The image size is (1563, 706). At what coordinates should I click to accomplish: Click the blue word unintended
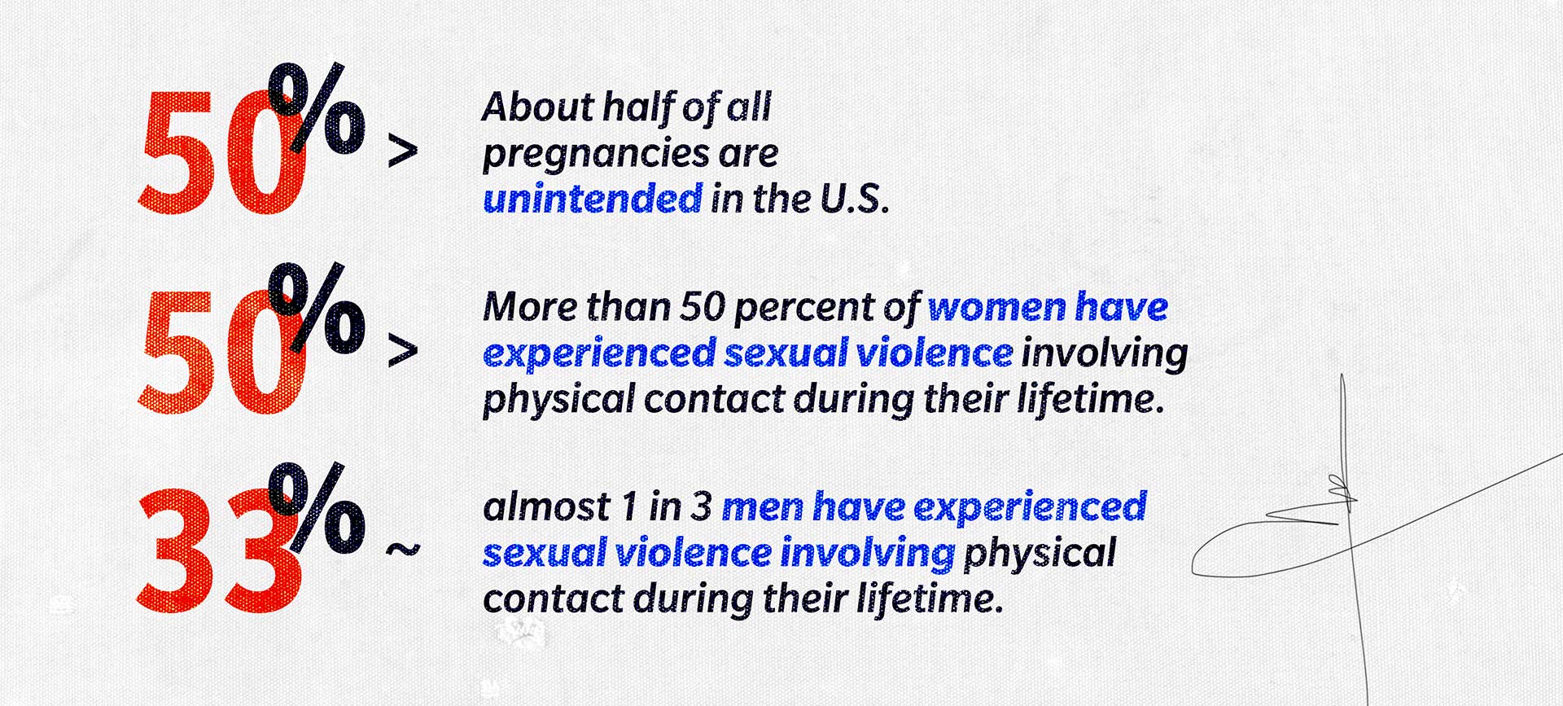pos(593,199)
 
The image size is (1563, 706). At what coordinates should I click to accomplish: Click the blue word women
pos(996,307)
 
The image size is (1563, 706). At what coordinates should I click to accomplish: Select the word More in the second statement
pos(530,307)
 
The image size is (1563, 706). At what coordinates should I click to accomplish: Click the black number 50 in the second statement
pos(703,307)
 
